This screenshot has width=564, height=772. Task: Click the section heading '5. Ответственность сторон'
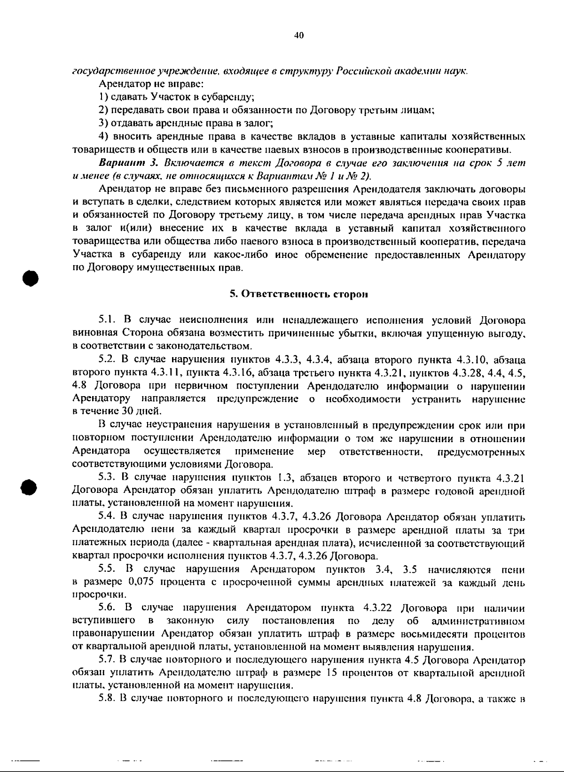coord(298,294)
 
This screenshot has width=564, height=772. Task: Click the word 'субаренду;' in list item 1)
coord(229,98)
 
